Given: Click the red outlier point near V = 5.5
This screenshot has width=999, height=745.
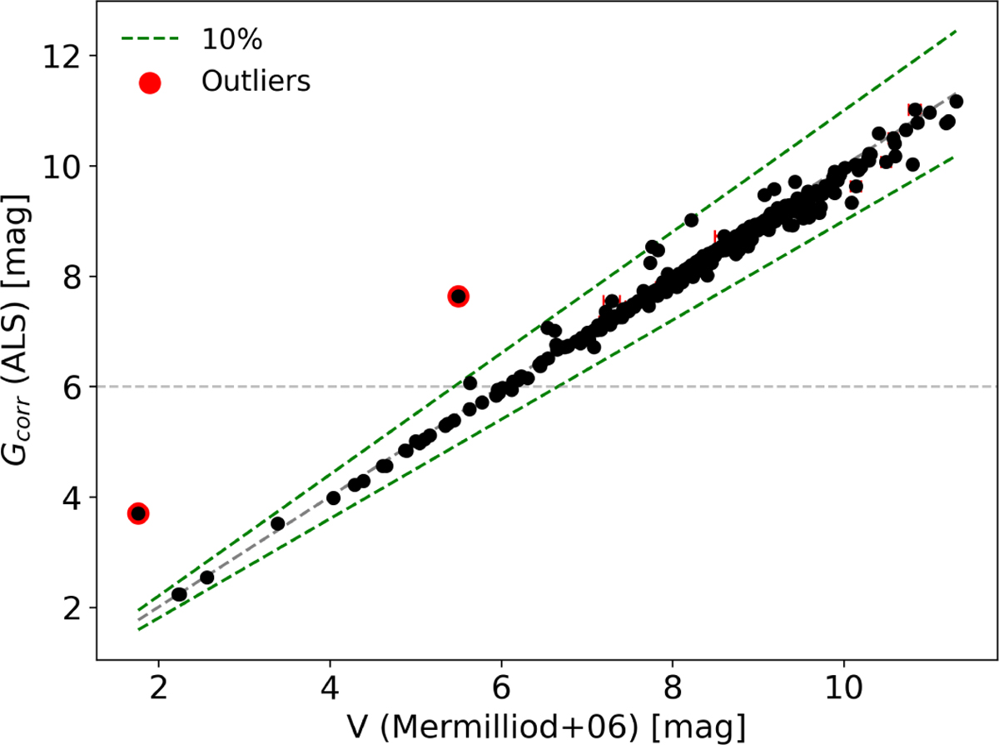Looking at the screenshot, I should [458, 296].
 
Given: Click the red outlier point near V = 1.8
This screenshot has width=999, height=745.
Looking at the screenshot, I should [138, 513].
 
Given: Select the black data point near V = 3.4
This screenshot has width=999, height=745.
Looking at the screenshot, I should [278, 523].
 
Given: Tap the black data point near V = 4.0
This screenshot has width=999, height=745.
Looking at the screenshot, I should [333, 498].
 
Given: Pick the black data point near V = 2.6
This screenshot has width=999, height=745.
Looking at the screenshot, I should [207, 577].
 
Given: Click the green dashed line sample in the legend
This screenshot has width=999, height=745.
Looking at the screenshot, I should [150, 38].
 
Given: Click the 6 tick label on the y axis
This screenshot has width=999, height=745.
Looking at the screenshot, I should [77, 387].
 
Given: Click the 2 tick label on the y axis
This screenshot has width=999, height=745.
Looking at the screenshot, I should [77, 607].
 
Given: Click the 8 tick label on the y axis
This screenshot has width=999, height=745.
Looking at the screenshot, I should [77, 277].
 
